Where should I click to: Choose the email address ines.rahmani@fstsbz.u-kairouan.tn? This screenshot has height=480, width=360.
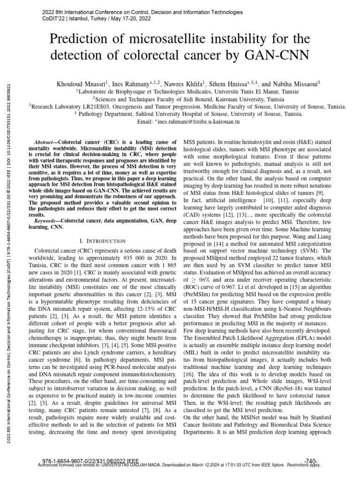(198, 121)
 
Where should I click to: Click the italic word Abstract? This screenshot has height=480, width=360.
(45, 142)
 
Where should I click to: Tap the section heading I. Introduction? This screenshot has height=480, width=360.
(105, 241)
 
